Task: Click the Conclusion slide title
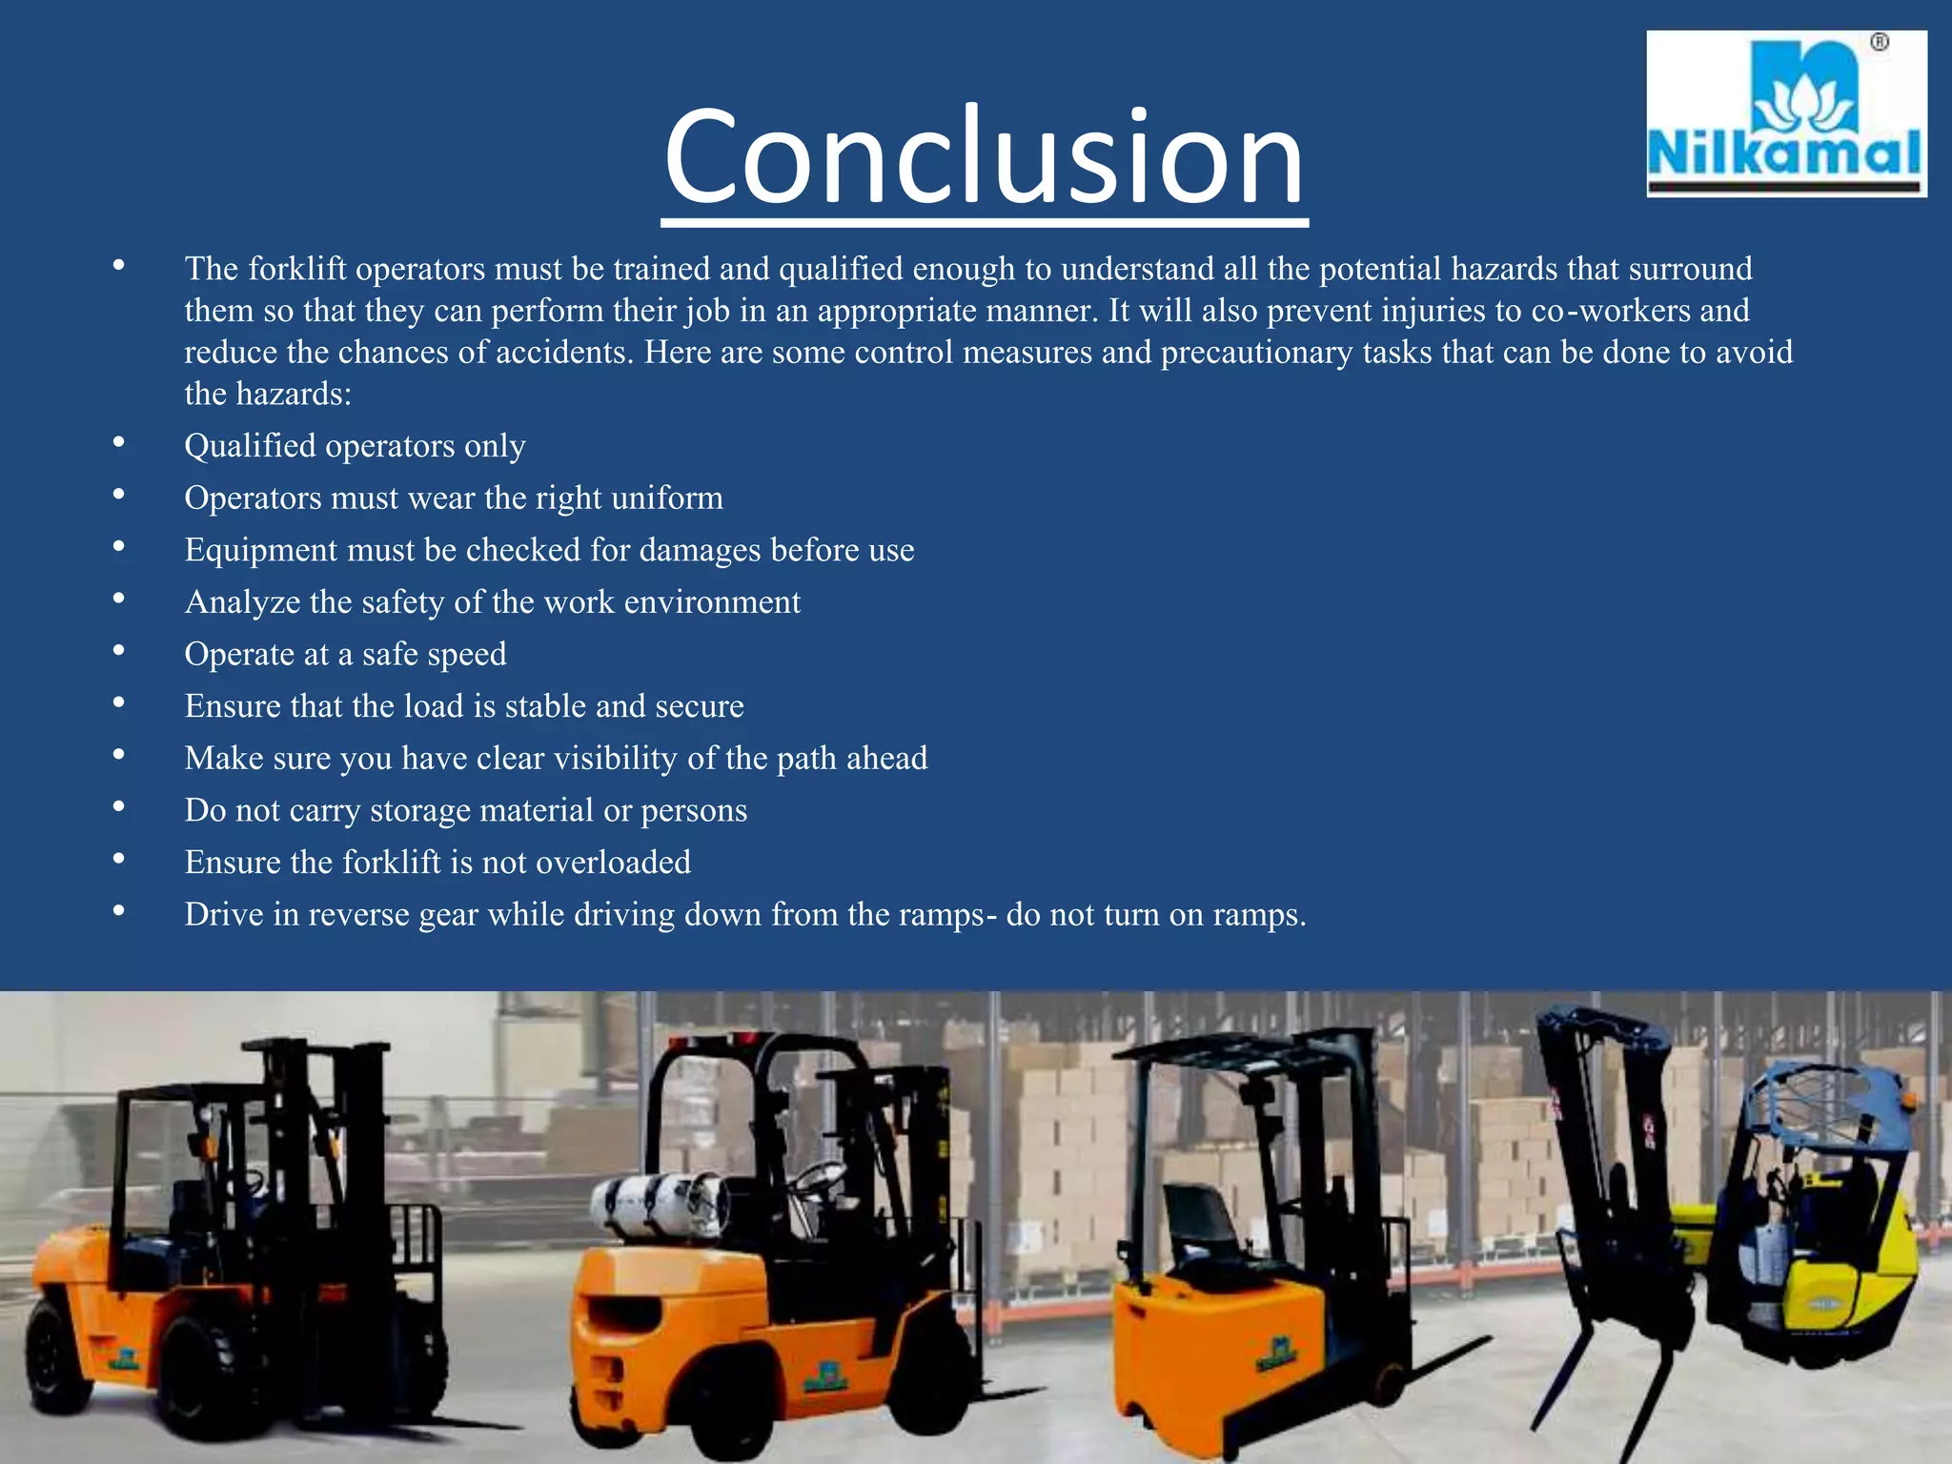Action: pos(984,157)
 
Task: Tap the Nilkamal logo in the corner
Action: pos(1786,114)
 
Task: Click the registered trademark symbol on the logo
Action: pos(1879,43)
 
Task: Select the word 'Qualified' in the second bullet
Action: pos(250,446)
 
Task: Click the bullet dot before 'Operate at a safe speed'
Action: pos(118,651)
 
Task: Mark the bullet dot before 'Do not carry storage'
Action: pos(118,807)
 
